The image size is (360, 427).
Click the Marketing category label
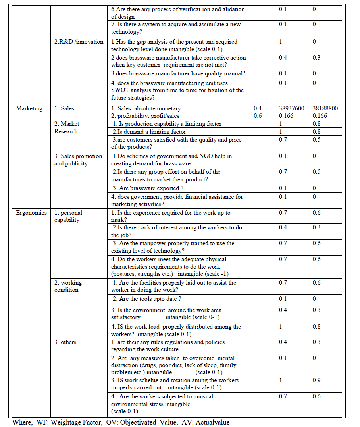pyautogui.click(x=29, y=108)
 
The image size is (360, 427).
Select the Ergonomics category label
pyautogui.click(x=31, y=213)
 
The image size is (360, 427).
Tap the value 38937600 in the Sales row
pyautogui.click(x=291, y=108)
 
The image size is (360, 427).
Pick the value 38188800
pyautogui.click(x=325, y=108)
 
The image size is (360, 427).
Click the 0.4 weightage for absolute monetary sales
pyautogui.click(x=258, y=108)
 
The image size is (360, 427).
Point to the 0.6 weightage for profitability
pyautogui.click(x=258, y=116)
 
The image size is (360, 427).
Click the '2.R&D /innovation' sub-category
pyautogui.click(x=79, y=42)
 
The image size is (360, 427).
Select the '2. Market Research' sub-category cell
pyautogui.click(x=67, y=128)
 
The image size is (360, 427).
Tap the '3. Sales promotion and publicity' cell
pyautogui.click(x=78, y=160)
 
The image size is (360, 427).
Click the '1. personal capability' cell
pyautogui.click(x=68, y=216)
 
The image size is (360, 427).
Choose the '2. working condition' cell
pyautogui.click(x=68, y=286)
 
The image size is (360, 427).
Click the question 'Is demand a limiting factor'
pyautogui.click(x=149, y=132)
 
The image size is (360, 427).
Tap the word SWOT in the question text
pyautogui.click(x=120, y=90)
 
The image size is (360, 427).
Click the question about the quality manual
pyautogui.click(x=178, y=73)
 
